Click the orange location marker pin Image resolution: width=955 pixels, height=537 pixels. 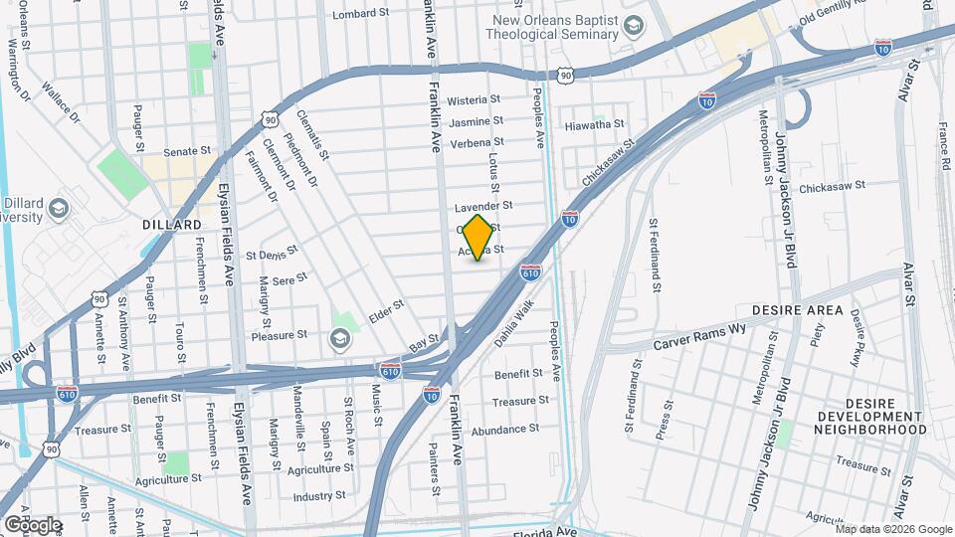click(x=477, y=237)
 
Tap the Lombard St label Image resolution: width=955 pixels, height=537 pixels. click(x=359, y=14)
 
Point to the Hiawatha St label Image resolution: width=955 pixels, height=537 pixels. click(x=594, y=124)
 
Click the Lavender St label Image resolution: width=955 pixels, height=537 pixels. click(x=482, y=207)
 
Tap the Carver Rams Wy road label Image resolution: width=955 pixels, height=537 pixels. click(x=699, y=341)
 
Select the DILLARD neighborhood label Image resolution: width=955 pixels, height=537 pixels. click(x=172, y=225)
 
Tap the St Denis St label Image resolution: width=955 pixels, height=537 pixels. click(x=279, y=253)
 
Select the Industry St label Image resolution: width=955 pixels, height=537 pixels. click(x=319, y=494)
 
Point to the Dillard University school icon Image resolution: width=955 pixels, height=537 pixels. click(x=58, y=209)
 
